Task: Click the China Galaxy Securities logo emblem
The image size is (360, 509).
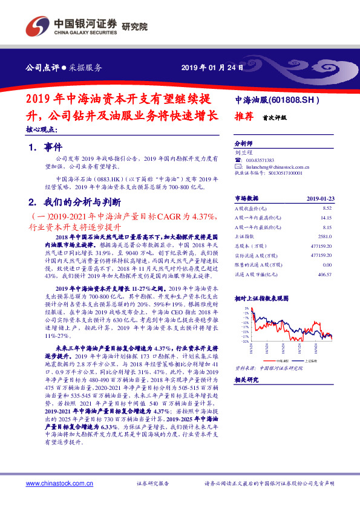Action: tap(34, 27)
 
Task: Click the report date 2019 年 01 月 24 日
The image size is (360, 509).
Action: tap(212, 67)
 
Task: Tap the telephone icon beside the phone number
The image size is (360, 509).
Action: tap(237, 160)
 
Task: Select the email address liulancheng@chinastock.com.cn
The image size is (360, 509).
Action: tap(273, 166)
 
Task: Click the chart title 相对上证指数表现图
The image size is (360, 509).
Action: tap(262, 297)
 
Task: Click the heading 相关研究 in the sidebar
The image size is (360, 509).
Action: tap(247, 379)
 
